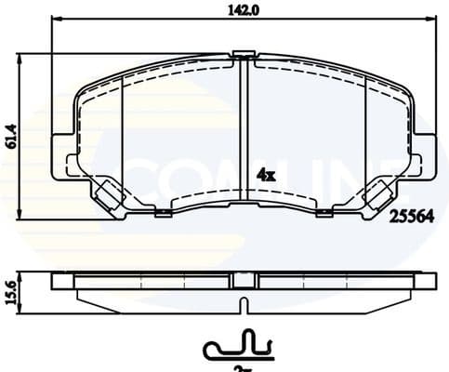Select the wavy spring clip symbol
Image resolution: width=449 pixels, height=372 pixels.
click(x=238, y=347)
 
